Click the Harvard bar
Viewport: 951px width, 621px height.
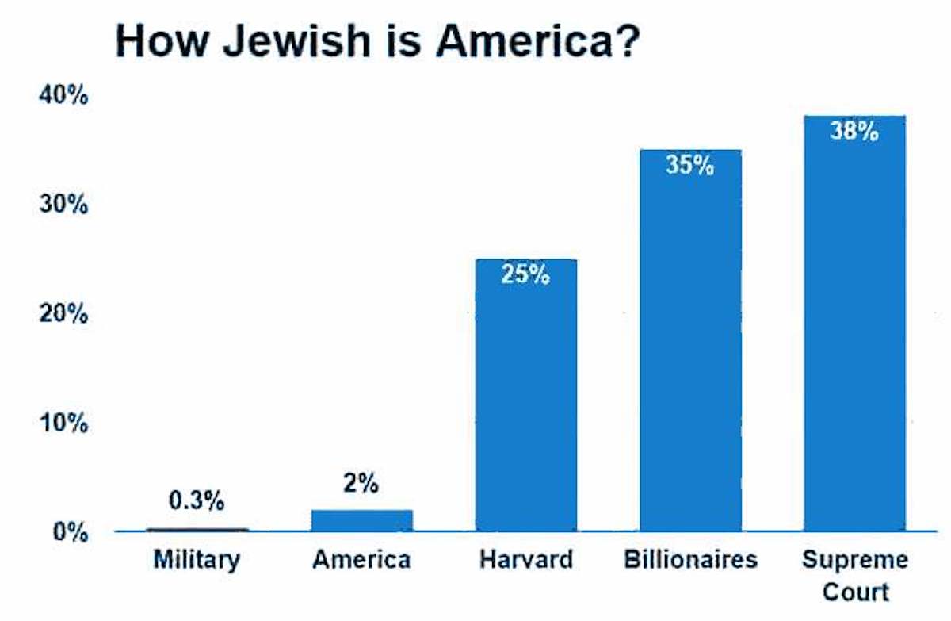point(526,397)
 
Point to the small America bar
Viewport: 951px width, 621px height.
point(362,520)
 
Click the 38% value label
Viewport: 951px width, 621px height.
point(854,132)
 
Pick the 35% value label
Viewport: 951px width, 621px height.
point(690,167)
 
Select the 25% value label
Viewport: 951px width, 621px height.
point(525,275)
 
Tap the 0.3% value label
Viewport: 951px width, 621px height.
point(197,501)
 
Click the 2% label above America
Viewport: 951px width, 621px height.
point(361,483)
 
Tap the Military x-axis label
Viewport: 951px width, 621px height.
point(197,560)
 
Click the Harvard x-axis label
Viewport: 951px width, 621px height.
point(525,560)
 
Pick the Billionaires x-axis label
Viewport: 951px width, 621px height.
point(690,560)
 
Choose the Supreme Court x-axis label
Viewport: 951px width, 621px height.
point(854,574)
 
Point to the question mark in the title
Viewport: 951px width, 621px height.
point(626,42)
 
